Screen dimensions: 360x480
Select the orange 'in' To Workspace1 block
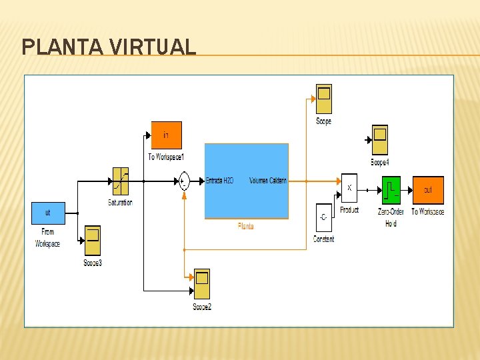click(x=166, y=135)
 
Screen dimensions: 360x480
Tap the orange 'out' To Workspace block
click(x=427, y=190)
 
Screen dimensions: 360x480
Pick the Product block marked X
click(x=349, y=188)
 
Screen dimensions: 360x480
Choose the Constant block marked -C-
click(x=323, y=217)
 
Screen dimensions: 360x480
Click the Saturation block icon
click(x=120, y=181)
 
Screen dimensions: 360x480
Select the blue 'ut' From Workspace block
click(x=47, y=213)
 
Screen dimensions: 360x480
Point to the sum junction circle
click(x=183, y=181)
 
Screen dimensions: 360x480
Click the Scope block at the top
click(x=323, y=99)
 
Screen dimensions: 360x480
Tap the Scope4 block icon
click(x=380, y=140)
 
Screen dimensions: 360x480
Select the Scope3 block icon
click(x=93, y=241)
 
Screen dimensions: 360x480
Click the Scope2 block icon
click(x=201, y=285)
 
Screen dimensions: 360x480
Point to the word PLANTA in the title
click(x=62, y=47)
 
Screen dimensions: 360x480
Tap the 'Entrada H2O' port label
click(x=219, y=181)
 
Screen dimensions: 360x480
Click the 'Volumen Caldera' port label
click(x=268, y=181)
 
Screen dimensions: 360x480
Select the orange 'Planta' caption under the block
click(x=246, y=227)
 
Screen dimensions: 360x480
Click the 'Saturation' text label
click(x=120, y=203)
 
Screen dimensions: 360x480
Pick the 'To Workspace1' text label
click(x=166, y=157)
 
